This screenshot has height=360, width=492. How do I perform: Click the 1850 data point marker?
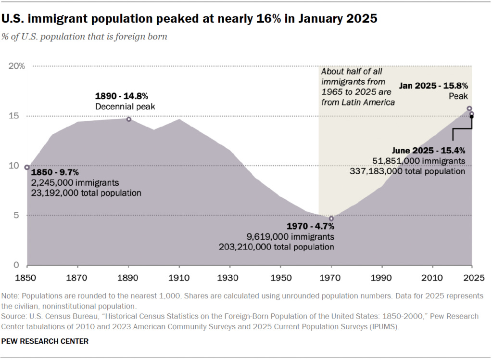pos(27,167)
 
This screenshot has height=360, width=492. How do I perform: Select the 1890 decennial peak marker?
pos(128,119)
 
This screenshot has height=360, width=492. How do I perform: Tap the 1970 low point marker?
pos(331,219)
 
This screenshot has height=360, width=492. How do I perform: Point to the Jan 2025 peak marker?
pos(469,109)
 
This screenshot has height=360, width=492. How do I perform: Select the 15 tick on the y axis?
pos(17,116)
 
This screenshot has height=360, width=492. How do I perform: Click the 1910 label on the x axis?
pos(179,278)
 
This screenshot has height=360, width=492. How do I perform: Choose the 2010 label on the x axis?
pos(433,278)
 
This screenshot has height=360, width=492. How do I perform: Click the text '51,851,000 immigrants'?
pos(419,161)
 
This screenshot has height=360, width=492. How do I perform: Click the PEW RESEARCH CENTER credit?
pos(45,341)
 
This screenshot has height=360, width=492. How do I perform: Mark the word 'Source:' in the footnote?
pos(14,316)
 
